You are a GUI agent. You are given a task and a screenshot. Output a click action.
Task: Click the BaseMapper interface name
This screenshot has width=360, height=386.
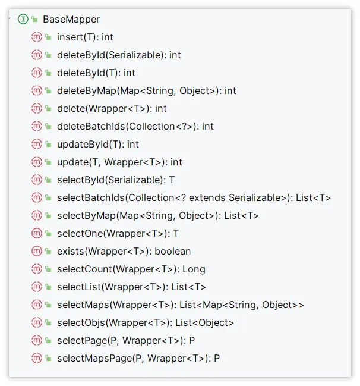(x=71, y=19)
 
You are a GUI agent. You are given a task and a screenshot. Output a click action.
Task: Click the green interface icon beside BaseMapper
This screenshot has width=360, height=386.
(x=23, y=19)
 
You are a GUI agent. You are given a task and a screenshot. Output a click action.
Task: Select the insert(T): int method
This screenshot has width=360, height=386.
(x=85, y=37)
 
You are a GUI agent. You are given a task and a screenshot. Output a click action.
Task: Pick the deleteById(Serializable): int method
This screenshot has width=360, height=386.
(x=119, y=55)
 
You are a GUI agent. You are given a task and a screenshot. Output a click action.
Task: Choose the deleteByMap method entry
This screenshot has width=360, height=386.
(x=146, y=90)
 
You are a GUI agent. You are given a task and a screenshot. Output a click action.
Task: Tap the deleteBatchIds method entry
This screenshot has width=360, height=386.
(x=135, y=126)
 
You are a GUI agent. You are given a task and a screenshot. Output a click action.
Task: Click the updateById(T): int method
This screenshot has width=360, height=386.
(x=97, y=144)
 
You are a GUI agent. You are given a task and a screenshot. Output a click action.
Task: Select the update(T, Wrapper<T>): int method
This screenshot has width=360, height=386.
(x=119, y=162)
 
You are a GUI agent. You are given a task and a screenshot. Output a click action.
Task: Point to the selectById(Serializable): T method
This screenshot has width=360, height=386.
(x=116, y=180)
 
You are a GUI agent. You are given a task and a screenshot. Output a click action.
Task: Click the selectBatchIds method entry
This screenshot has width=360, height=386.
(x=194, y=197)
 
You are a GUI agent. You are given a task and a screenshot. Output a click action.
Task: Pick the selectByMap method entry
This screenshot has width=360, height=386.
(x=158, y=215)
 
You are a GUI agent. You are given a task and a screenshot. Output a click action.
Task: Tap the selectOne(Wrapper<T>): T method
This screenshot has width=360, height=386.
(x=118, y=233)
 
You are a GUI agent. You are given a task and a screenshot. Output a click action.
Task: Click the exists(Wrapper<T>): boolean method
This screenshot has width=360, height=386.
(x=124, y=251)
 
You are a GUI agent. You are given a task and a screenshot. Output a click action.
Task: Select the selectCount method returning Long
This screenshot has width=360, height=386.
(x=131, y=269)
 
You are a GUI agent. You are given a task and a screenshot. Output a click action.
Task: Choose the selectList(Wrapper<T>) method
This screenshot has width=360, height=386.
(x=131, y=287)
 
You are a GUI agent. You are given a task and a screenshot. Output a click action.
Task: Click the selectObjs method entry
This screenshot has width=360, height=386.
(x=145, y=322)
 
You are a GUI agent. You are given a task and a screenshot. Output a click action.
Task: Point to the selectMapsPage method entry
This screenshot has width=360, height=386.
(x=138, y=358)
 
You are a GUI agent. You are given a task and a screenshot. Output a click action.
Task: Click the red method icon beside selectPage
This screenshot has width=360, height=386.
(x=36, y=340)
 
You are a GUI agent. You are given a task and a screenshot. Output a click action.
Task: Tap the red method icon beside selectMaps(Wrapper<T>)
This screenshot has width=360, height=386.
(x=36, y=305)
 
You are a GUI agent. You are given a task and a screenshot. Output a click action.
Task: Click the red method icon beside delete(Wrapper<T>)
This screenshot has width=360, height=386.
(x=36, y=108)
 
